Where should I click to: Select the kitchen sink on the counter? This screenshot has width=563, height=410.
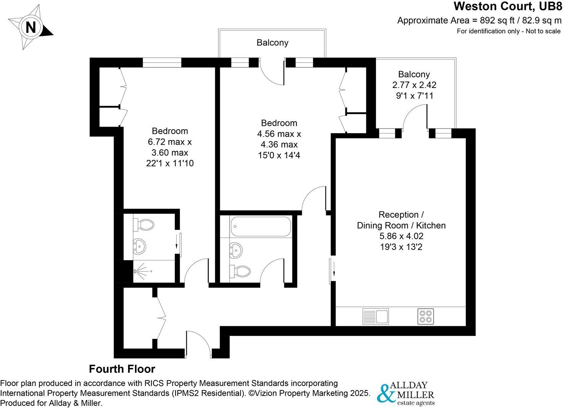[x=375, y=316]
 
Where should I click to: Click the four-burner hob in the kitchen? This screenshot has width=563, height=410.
[x=426, y=316]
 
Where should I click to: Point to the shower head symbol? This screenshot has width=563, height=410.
[x=138, y=271]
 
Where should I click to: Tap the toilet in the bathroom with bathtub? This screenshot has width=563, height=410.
[x=240, y=271]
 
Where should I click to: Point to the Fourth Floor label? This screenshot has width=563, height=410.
[x=122, y=369]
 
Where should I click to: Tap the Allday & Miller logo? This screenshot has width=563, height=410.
[x=406, y=394]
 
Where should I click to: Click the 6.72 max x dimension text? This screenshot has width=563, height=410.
[x=170, y=142]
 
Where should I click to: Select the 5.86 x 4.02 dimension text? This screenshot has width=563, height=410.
[x=401, y=236]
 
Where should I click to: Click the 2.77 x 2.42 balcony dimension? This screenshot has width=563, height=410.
[x=413, y=85]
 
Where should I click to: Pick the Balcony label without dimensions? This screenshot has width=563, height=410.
[x=272, y=42]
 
